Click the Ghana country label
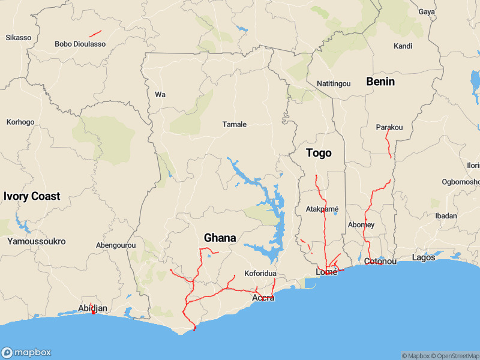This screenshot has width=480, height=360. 220,238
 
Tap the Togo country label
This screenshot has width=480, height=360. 319,153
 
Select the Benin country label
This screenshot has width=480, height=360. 380,82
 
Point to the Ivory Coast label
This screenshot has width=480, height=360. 32,196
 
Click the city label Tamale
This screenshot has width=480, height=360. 235,124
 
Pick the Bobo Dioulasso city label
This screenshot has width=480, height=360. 80,44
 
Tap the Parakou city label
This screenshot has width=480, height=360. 389,127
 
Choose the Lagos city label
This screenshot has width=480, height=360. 424,257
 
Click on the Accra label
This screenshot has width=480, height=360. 263,298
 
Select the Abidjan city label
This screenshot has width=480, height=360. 93,308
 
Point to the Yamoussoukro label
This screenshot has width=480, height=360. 36,241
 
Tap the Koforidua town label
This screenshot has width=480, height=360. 260,274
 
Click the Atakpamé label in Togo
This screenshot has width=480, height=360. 322,209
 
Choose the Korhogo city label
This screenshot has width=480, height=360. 20,122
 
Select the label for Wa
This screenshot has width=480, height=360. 160,95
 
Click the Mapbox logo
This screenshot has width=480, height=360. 26,352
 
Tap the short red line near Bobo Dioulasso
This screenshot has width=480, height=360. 95,34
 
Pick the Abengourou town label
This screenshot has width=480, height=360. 116,245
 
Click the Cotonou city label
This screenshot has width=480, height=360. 380,262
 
